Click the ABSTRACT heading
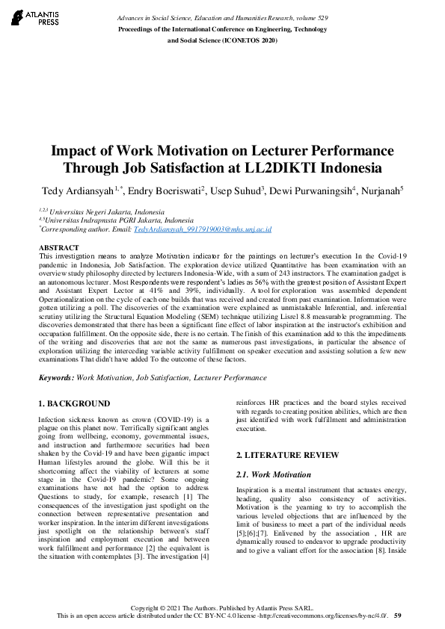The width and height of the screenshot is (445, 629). (58, 247)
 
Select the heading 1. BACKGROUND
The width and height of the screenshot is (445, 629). (74, 404)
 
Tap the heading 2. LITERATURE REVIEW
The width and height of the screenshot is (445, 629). (287, 455)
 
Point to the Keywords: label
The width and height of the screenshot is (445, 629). (55, 379)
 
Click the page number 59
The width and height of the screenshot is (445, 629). (398, 616)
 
